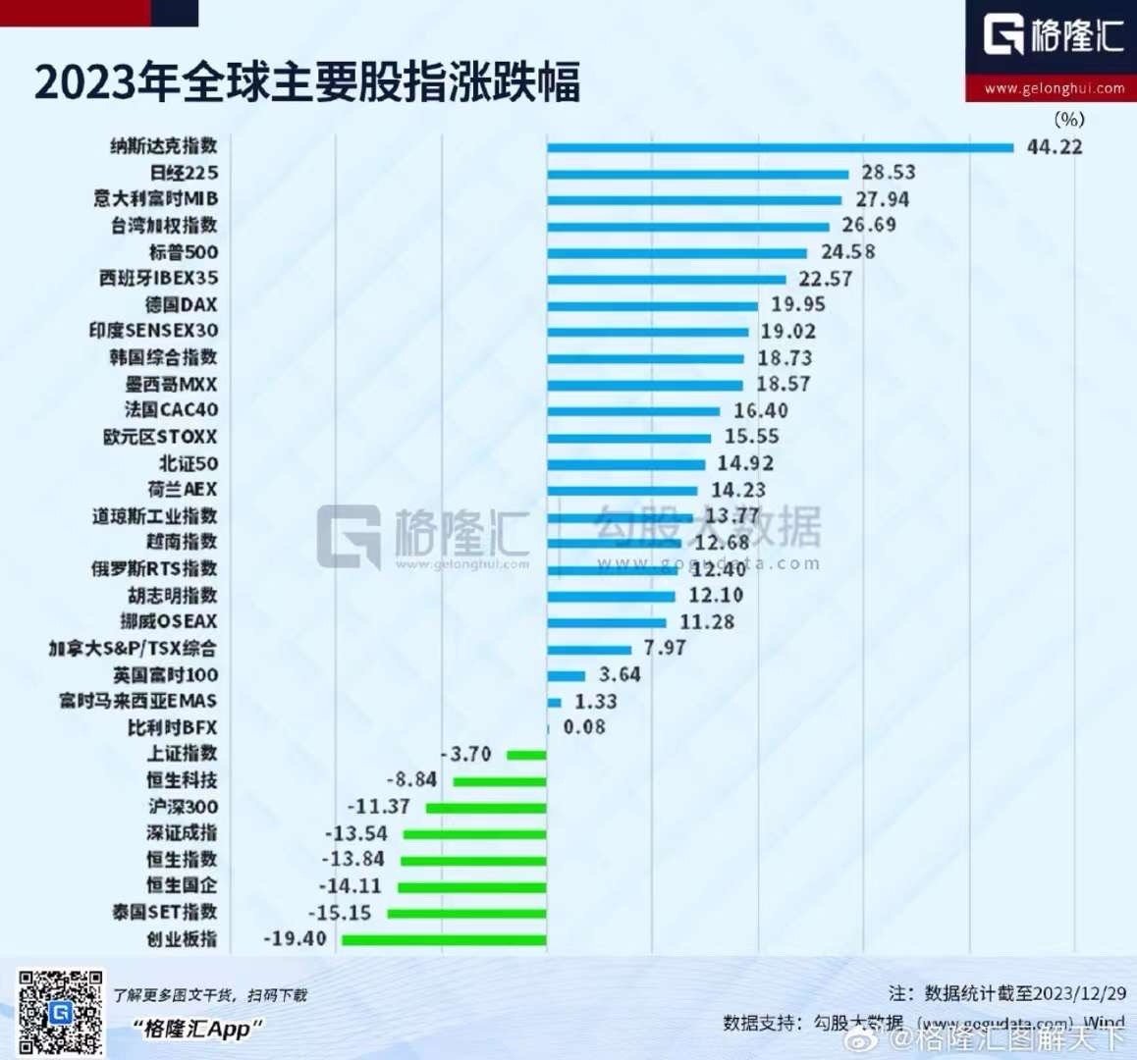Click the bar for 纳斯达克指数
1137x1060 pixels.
[780, 147]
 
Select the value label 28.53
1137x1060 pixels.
[889, 173]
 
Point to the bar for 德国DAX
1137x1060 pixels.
[652, 305]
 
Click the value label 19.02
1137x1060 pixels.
[787, 332]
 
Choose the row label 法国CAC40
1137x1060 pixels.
[172, 410]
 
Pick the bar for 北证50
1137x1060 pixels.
[625, 463]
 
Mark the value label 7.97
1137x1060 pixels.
[665, 648]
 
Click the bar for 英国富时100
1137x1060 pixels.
[567, 675]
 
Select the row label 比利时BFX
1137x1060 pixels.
[172, 727]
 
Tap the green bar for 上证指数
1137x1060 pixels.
[526, 754]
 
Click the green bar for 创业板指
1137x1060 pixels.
[444, 939]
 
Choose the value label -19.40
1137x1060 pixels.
[295, 939]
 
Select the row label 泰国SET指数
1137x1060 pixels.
[164, 913]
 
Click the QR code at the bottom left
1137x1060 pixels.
[60, 1012]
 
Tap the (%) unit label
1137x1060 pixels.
[1069, 120]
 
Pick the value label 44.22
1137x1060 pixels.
[1055, 147]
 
